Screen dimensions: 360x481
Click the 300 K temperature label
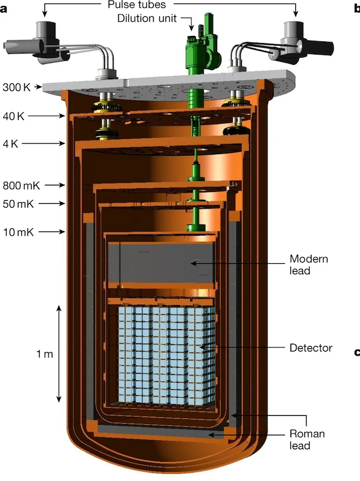17,87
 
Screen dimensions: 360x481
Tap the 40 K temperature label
14,116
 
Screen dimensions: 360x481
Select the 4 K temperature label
10,143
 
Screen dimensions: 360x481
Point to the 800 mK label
21,185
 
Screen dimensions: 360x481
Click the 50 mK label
18,204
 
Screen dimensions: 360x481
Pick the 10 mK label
19,232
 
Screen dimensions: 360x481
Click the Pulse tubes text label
137,5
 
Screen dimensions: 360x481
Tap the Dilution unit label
147,19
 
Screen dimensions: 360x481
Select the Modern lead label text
309,264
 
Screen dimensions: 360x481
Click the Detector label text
311,348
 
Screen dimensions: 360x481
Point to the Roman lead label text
307,440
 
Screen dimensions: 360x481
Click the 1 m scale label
44,354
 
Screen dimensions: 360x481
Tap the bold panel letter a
4,8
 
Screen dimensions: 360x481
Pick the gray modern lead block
161,263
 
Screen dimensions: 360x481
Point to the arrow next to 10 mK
52,232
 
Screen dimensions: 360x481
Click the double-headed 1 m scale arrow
59,354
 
